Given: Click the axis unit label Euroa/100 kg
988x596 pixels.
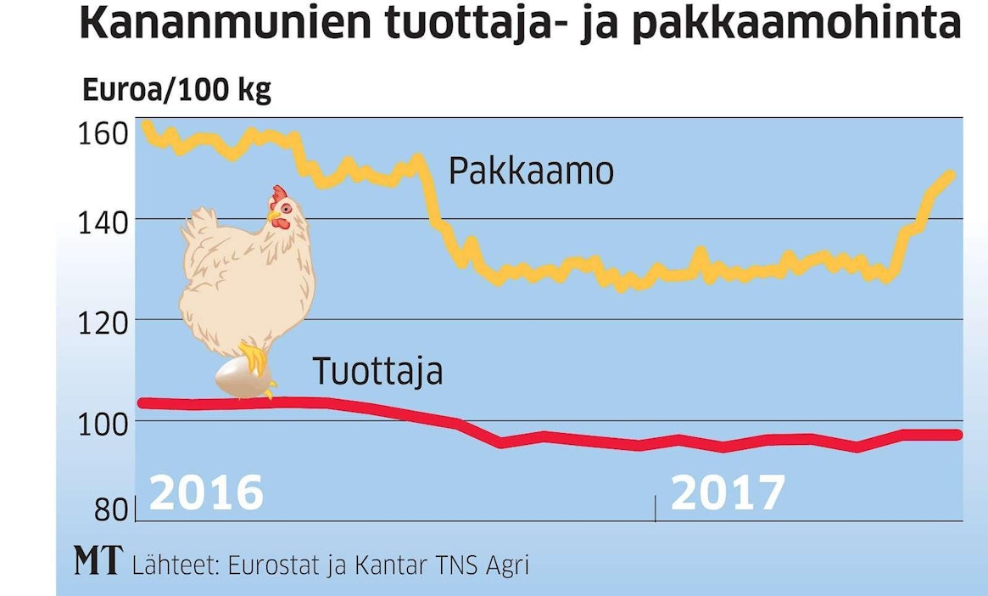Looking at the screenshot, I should [x=176, y=89].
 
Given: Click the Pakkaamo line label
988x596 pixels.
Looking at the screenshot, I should [x=530, y=172].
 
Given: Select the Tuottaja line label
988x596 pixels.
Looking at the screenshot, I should [x=377, y=371].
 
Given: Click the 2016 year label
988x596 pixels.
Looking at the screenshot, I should [x=206, y=493].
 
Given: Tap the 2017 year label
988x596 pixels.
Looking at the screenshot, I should [x=728, y=493].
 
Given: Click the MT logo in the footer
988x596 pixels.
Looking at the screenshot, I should [x=98, y=561].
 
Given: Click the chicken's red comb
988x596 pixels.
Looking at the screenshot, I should [x=280, y=193].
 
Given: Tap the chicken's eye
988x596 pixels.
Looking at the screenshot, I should [x=286, y=208].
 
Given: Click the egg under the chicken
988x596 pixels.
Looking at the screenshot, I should [x=241, y=378].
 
